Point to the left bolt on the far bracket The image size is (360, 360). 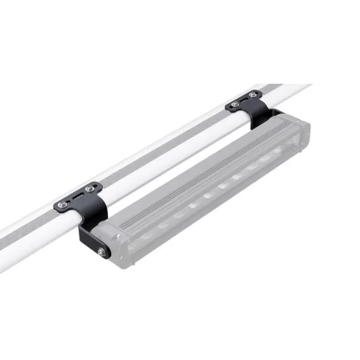click(235, 105)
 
